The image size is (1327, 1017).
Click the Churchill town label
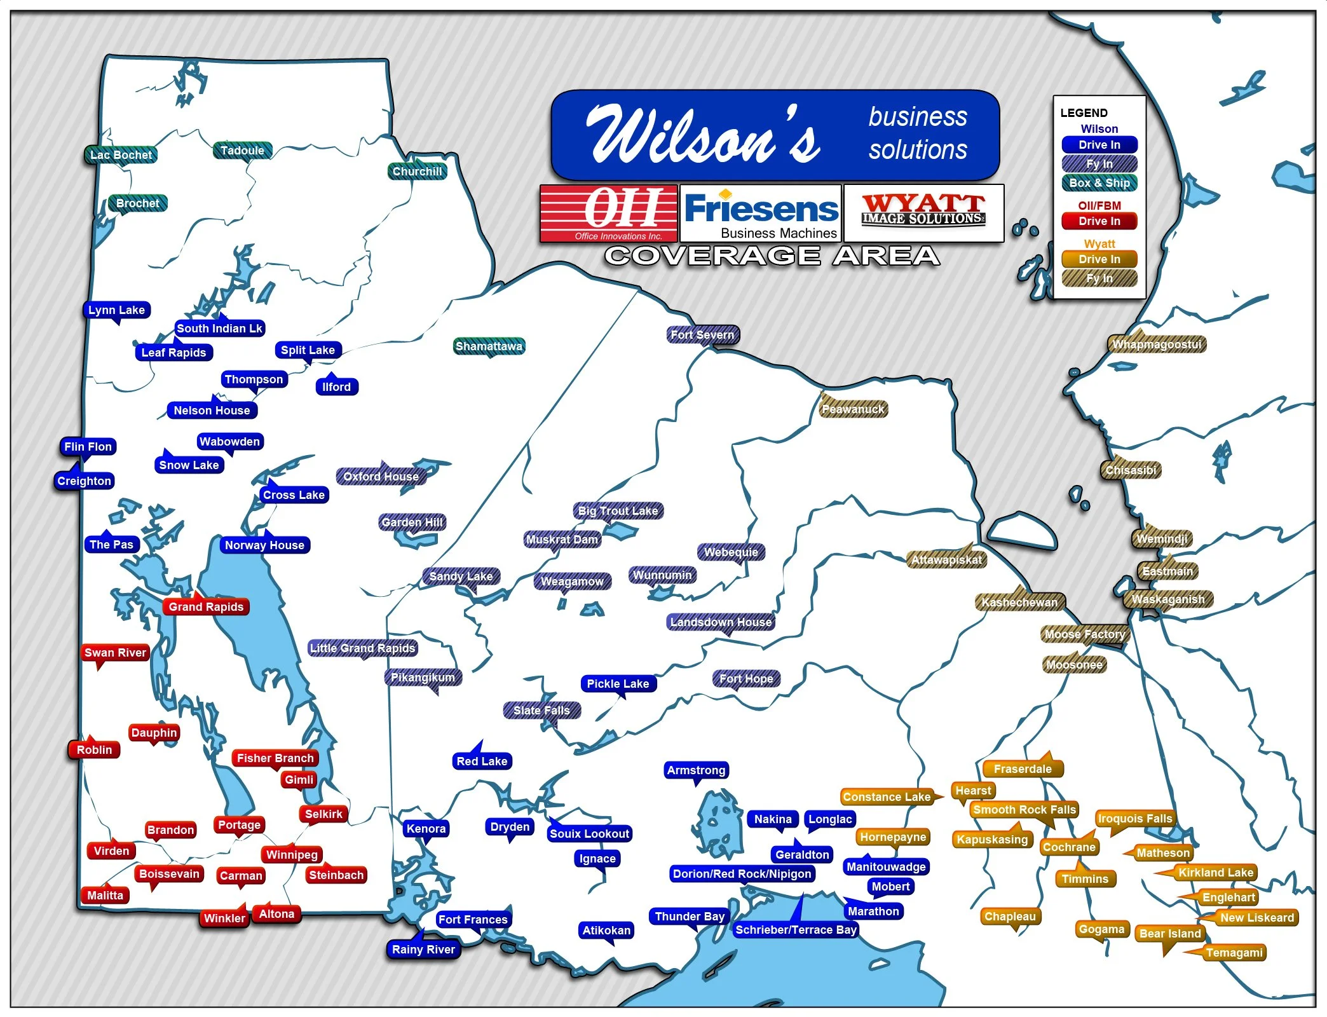(417, 172)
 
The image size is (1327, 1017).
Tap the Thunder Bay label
(690, 917)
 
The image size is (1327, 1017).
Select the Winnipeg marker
(292, 855)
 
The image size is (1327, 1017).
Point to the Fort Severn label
(702, 335)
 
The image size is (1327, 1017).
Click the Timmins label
(1085, 879)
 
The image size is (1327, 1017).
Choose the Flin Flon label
(88, 447)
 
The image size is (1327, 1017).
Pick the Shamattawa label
(489, 346)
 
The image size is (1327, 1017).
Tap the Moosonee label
(1075, 665)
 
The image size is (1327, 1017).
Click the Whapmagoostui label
(1157, 345)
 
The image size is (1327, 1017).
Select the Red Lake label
(482, 761)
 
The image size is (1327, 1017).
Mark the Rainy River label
(423, 950)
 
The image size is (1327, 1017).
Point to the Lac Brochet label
(121, 155)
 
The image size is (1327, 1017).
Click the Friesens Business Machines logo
(761, 214)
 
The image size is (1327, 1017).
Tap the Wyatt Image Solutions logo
(923, 212)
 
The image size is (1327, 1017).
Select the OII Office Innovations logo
(609, 214)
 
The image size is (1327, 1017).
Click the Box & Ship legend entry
(1099, 183)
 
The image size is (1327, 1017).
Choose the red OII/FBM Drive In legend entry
(1099, 221)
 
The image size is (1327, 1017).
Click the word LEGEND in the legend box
(1084, 113)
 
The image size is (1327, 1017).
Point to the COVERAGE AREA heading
(772, 256)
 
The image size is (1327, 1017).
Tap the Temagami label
(1234, 953)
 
